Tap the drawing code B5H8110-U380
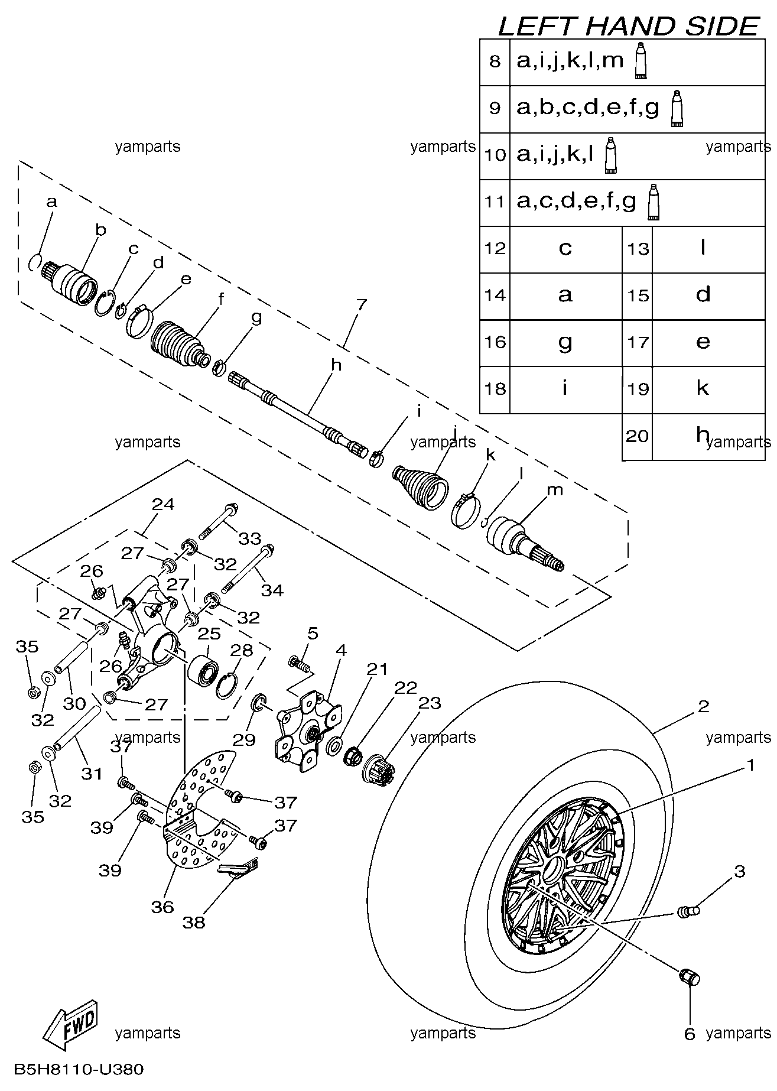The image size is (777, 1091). [x=79, y=1069]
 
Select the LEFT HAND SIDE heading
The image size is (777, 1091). [x=628, y=26]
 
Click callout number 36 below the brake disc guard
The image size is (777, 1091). [x=162, y=906]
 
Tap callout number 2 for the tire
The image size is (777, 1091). [x=703, y=706]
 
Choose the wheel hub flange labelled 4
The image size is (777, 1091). [x=308, y=732]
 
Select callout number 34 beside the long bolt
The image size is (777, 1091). [x=272, y=589]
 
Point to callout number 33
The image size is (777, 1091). [x=250, y=538]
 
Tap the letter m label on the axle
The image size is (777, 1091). [x=555, y=489]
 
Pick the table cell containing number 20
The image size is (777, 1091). [x=638, y=436]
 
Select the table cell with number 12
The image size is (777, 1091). [x=495, y=248]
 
